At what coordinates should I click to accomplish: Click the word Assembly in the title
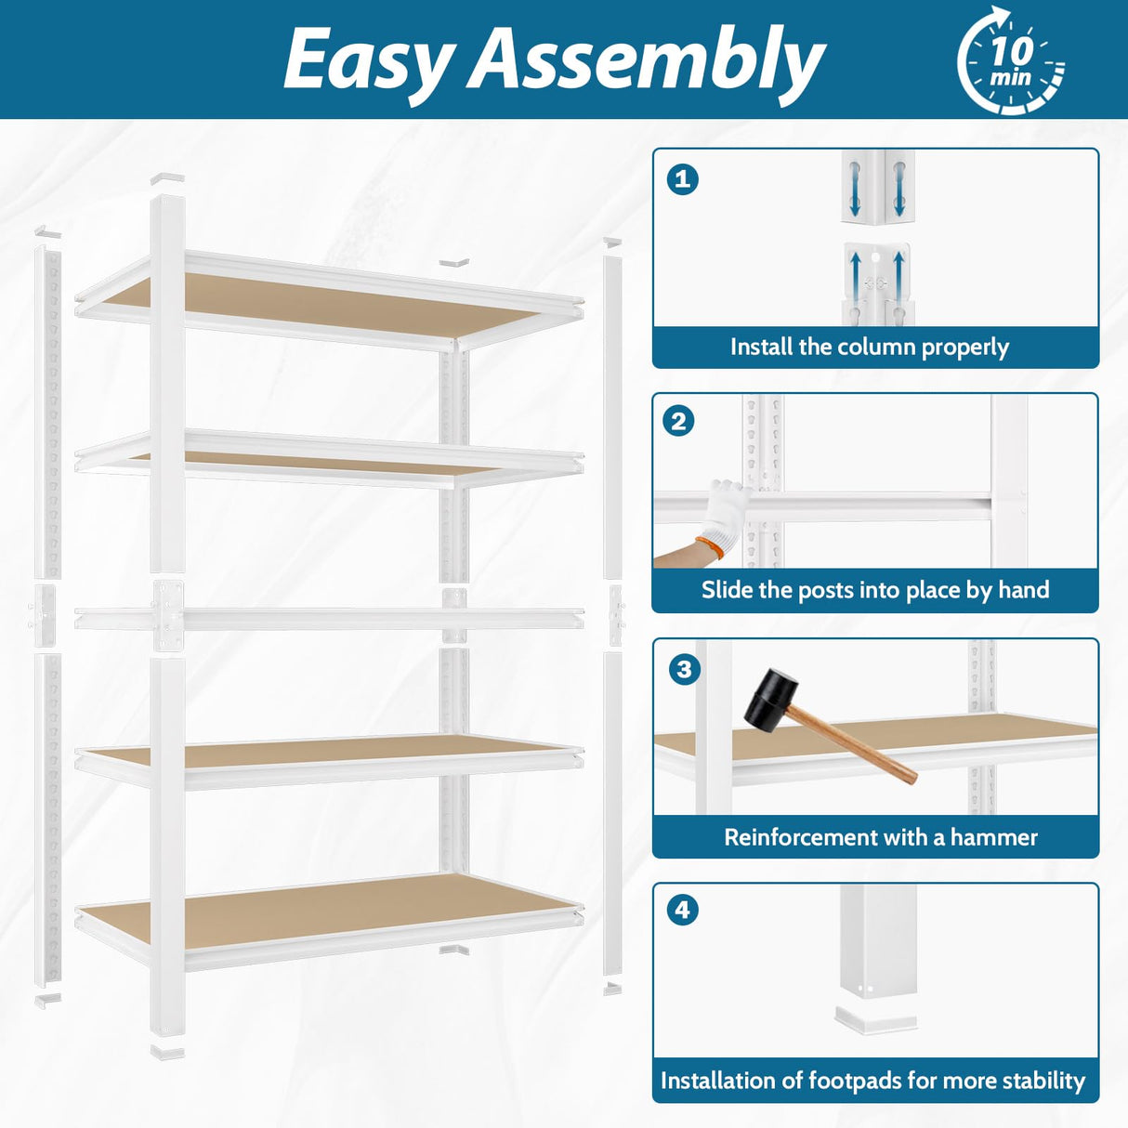(x=647, y=61)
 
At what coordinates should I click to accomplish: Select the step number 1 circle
(x=683, y=178)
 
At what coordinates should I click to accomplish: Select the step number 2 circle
(x=678, y=421)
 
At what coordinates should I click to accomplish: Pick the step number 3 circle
(x=685, y=668)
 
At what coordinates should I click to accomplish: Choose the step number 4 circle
(x=683, y=909)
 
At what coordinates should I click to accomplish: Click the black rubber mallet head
(x=771, y=698)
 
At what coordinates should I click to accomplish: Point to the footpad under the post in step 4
(x=874, y=1018)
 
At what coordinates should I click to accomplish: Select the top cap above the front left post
(x=167, y=177)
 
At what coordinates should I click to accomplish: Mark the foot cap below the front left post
(x=167, y=1053)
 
